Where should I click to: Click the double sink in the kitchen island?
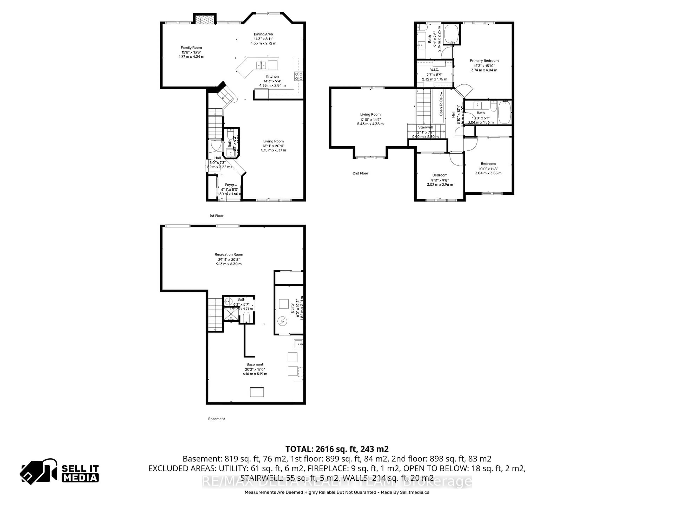point(261,65)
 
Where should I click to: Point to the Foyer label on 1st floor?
point(229,185)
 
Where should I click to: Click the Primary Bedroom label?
point(484,61)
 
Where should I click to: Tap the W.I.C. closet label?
point(435,70)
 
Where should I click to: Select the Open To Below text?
point(441,104)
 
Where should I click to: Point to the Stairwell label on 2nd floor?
point(425,127)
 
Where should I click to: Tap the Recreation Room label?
point(229,254)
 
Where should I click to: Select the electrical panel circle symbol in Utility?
point(282,321)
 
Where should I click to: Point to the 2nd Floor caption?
point(361,173)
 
